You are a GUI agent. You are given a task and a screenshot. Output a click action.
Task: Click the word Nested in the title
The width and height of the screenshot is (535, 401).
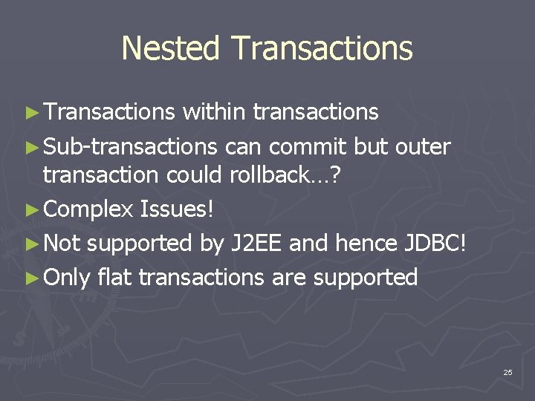pyautogui.click(x=172, y=48)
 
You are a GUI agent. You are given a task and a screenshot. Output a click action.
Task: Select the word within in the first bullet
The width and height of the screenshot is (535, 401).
pyautogui.click(x=214, y=111)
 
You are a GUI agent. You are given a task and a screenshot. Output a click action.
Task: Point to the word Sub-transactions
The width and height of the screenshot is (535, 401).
pyautogui.click(x=130, y=147)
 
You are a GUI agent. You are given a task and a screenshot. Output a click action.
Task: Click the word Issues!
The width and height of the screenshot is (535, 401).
pyautogui.click(x=177, y=209)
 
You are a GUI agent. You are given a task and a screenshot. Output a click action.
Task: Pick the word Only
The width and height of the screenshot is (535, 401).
pyautogui.click(x=67, y=277)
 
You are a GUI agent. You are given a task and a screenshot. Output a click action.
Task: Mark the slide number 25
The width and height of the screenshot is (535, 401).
pyautogui.click(x=508, y=372)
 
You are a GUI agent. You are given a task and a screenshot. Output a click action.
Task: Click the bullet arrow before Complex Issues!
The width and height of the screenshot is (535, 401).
pyautogui.click(x=30, y=209)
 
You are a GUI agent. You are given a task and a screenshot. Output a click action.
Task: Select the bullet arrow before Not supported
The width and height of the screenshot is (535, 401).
pyautogui.click(x=30, y=244)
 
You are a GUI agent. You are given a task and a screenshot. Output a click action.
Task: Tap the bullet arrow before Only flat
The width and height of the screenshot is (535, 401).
pyautogui.click(x=30, y=278)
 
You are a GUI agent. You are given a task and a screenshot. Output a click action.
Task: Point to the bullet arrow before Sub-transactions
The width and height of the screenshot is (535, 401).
pyautogui.click(x=30, y=148)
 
